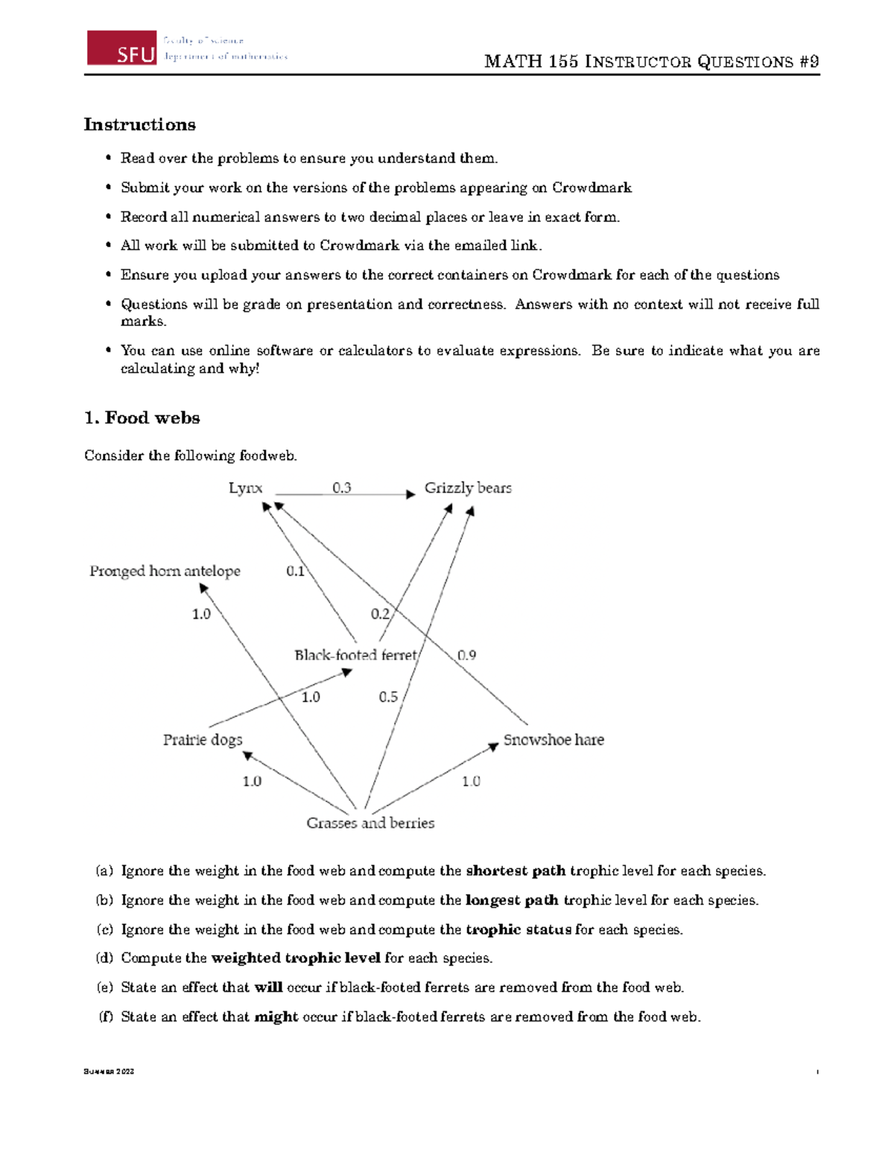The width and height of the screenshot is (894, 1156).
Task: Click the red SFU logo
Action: pyautogui.click(x=121, y=48)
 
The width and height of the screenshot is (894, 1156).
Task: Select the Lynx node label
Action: pyautogui.click(x=245, y=488)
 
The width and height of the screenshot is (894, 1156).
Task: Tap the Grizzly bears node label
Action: pyautogui.click(x=468, y=488)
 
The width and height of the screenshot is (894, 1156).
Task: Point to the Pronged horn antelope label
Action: pyautogui.click(x=165, y=571)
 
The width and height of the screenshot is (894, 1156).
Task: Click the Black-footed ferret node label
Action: pyautogui.click(x=355, y=655)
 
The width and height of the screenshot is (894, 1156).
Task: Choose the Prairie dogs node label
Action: pyautogui.click(x=203, y=740)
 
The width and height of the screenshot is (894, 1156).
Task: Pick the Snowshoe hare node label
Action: pyautogui.click(x=554, y=740)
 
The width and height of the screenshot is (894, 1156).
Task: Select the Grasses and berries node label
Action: pyautogui.click(x=370, y=823)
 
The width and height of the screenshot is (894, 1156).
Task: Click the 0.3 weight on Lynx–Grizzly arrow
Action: pyautogui.click(x=341, y=488)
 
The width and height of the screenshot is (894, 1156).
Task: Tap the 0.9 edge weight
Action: pyautogui.click(x=466, y=655)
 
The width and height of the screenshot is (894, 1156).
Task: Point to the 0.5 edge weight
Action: pyautogui.click(x=388, y=697)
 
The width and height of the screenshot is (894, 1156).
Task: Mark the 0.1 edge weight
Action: pyautogui.click(x=295, y=571)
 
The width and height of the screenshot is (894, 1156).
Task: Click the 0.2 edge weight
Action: pyautogui.click(x=380, y=613)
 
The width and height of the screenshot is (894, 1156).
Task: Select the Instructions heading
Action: pyautogui.click(x=139, y=124)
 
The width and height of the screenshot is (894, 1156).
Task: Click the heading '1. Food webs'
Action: pyautogui.click(x=142, y=418)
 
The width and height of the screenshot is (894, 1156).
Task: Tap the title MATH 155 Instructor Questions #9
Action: pyautogui.click(x=651, y=62)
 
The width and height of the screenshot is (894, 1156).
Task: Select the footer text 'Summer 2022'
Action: pyautogui.click(x=109, y=1072)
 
